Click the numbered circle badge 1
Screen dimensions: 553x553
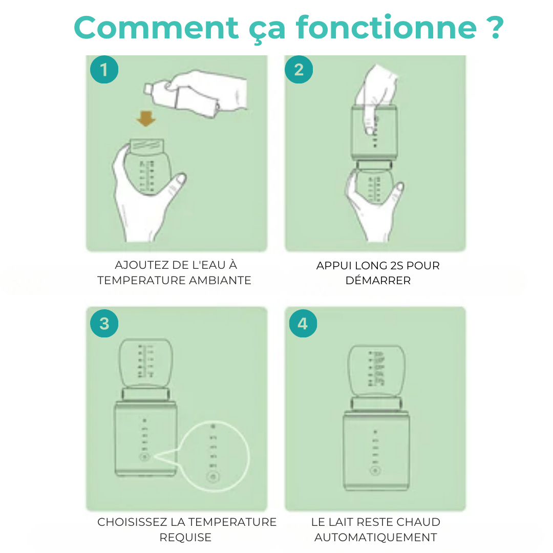pos(104,70)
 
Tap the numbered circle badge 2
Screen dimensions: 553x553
pos(299,70)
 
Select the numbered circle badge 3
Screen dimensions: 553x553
pos(104,324)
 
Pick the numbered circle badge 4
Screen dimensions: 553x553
pos(303,324)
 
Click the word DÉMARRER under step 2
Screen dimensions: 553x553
pos(378,281)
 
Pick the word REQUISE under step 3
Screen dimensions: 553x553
pos(185,538)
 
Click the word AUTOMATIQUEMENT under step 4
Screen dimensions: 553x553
pos(376,538)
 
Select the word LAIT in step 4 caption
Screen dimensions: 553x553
pos(341,522)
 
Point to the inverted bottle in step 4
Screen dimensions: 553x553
pos(376,370)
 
